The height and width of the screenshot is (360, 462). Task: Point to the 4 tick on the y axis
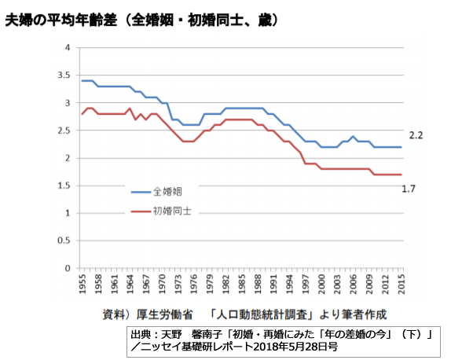(67, 48)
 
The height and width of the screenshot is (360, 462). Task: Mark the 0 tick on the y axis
(67, 268)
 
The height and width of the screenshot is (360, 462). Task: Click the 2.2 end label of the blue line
(416, 136)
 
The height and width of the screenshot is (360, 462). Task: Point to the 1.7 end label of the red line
(409, 189)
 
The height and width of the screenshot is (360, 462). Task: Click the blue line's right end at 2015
(401, 147)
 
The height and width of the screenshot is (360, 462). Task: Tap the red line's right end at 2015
(401, 174)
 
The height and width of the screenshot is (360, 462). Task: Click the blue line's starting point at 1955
(82, 81)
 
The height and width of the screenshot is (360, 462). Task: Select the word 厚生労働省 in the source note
(163, 314)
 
